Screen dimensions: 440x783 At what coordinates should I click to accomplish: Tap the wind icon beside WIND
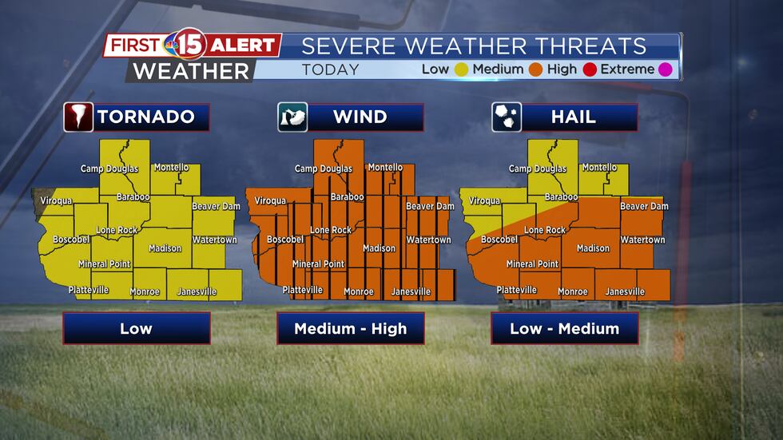[292, 117]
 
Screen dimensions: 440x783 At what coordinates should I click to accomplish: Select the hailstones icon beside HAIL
[507, 117]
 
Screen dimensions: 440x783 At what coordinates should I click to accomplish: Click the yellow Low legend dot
[461, 69]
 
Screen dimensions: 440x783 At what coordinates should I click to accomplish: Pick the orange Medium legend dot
[535, 69]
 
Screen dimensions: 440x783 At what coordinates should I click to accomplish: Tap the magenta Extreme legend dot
[666, 69]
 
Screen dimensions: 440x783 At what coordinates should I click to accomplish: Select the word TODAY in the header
[331, 69]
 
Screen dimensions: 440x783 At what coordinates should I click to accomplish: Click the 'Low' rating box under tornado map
[137, 328]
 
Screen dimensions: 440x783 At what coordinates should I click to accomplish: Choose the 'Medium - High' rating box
[351, 328]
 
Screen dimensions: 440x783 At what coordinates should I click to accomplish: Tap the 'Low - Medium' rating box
[565, 328]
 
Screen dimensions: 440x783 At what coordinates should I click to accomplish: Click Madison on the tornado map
[165, 248]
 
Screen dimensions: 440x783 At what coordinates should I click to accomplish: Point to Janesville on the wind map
[411, 292]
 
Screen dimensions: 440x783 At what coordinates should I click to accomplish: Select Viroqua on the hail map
[484, 201]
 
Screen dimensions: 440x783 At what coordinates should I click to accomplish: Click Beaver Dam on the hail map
[644, 206]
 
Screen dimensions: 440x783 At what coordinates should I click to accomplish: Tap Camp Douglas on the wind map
[324, 169]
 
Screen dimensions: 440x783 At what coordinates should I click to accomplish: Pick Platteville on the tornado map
[89, 290]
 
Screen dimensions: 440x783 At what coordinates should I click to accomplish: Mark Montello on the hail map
[599, 168]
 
